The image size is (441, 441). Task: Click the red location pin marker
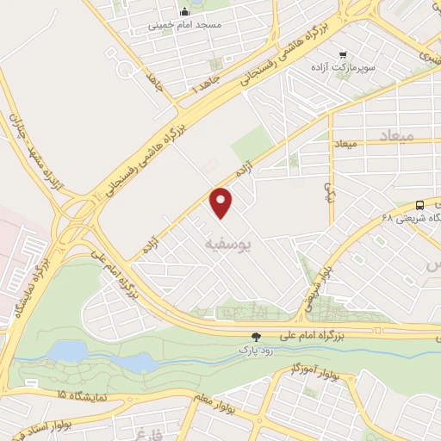pyautogui.click(x=222, y=202)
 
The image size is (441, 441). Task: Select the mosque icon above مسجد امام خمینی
pyautogui.click(x=184, y=12)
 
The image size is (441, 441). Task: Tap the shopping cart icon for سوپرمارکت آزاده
pyautogui.click(x=343, y=54)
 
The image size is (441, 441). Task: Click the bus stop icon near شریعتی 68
pyautogui.click(x=419, y=205)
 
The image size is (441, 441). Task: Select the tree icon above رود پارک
pyautogui.click(x=255, y=337)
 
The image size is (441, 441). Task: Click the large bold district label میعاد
pyautogui.click(x=396, y=136)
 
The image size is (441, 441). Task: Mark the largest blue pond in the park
pyautogui.click(x=69, y=351)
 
